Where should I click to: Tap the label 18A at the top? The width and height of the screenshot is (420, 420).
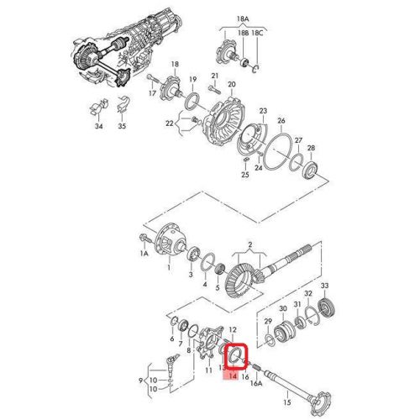244,17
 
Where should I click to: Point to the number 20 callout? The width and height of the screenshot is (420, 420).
232,85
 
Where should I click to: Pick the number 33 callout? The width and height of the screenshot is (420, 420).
324,286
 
